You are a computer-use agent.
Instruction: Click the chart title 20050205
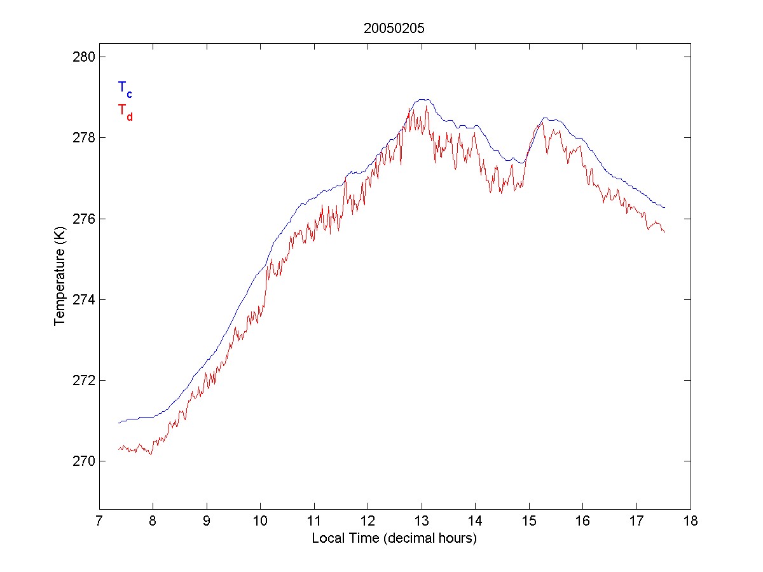click(394, 29)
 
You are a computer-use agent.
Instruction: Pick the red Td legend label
click(125, 111)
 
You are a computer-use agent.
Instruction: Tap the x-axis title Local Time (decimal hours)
click(394, 538)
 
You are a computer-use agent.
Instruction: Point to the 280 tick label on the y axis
click(82, 57)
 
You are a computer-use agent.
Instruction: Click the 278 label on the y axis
click(82, 138)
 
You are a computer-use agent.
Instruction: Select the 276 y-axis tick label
click(82, 219)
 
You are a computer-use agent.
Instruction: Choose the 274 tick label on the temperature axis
click(82, 299)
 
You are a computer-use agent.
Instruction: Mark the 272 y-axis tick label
click(82, 380)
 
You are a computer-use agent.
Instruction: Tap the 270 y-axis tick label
click(82, 461)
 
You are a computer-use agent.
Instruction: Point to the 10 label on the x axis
click(261, 522)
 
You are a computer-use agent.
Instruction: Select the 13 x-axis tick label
click(422, 522)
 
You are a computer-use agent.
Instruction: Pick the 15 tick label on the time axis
click(529, 522)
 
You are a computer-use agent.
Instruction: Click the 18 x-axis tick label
click(691, 522)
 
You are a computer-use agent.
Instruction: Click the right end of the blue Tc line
click(664, 207)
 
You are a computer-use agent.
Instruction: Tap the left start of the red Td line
click(119, 449)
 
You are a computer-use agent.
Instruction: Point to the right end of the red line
click(664, 233)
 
